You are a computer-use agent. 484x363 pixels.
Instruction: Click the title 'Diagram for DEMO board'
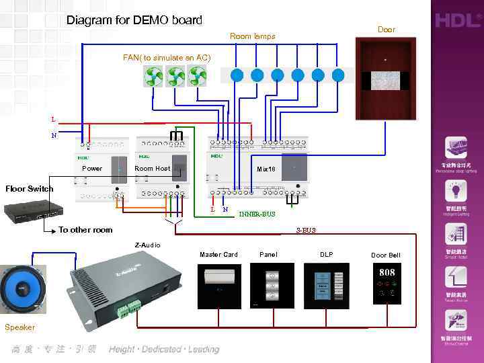pyautogui.click(x=134, y=20)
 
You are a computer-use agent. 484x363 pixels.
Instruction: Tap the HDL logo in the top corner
pyautogui.click(x=456, y=21)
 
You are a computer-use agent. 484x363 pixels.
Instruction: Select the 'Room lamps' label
pyautogui.click(x=252, y=36)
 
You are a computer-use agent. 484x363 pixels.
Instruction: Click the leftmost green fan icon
pyautogui.click(x=155, y=77)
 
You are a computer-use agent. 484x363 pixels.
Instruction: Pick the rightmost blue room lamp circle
pyautogui.click(x=338, y=75)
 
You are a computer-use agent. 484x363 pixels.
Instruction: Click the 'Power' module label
pyautogui.click(x=92, y=169)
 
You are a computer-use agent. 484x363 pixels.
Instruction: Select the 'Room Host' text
pyautogui.click(x=152, y=169)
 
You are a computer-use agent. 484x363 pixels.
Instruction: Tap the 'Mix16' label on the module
pyautogui.click(x=266, y=169)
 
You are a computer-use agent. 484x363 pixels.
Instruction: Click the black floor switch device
pyautogui.click(x=31, y=212)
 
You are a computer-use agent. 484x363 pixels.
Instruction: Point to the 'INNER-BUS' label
pyautogui.click(x=257, y=214)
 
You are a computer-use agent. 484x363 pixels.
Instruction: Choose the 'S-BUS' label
pyautogui.click(x=306, y=230)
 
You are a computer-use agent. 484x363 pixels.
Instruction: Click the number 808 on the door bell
pyautogui.click(x=387, y=273)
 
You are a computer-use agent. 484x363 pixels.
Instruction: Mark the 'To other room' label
pyautogui.click(x=85, y=230)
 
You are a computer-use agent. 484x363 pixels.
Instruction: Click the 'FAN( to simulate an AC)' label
pyautogui.click(x=167, y=58)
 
